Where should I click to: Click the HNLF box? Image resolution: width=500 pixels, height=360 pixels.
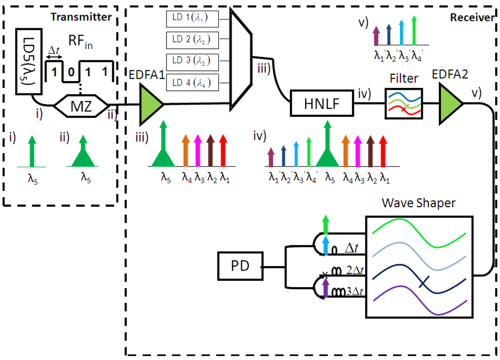[x=321, y=103]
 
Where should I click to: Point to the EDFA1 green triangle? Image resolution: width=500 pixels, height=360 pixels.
[x=149, y=104]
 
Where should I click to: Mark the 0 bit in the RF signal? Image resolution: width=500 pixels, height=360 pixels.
[x=71, y=72]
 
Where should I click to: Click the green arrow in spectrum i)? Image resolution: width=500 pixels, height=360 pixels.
[x=32, y=151]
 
